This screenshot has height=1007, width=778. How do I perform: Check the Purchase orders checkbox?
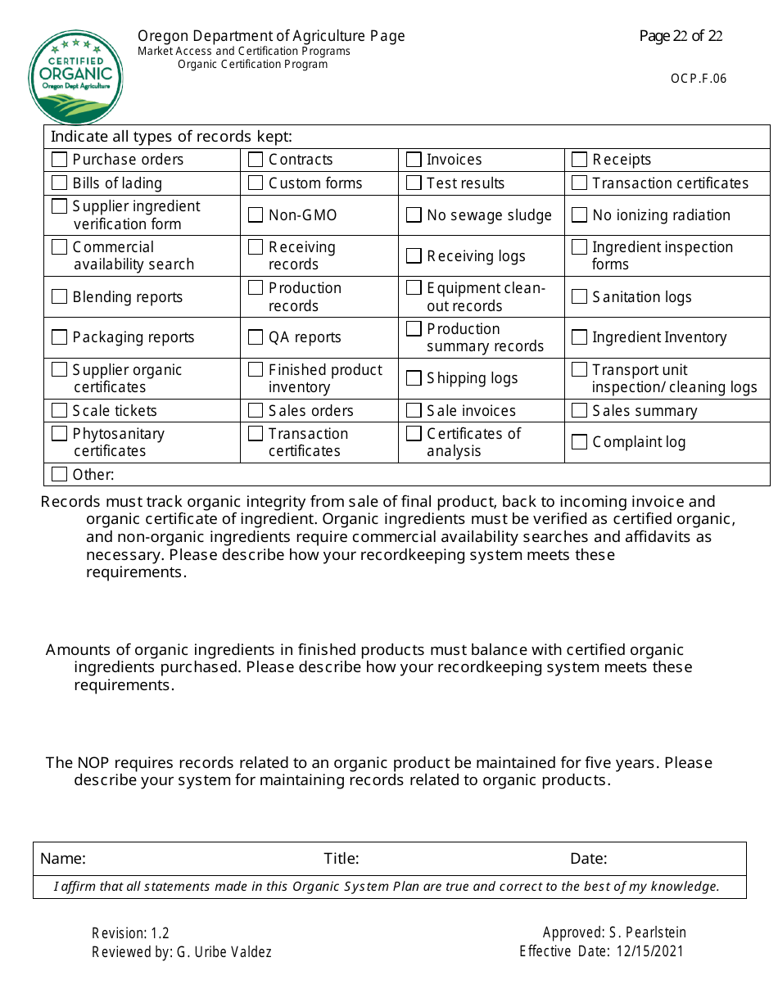pos(59,159)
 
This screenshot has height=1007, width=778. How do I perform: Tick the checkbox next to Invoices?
pos(414,159)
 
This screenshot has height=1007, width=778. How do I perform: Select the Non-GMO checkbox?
pos(256,215)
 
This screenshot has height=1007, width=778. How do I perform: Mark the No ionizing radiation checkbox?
pos(579,215)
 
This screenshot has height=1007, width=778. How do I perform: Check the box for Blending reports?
pos(59,296)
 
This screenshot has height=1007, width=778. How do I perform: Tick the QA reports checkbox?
pos(256,337)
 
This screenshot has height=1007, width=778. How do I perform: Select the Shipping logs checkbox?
pos(414,378)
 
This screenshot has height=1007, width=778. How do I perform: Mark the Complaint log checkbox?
pos(579,442)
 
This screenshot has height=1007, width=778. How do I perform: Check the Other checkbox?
pos(59,474)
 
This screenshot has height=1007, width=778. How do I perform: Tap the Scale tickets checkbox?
pos(59,410)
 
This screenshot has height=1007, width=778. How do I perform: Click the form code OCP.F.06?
pos(698,79)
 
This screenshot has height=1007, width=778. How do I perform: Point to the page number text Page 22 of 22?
pos(681,36)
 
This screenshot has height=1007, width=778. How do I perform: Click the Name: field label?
pos(63,859)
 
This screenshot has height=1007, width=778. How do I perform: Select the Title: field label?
pos(341,859)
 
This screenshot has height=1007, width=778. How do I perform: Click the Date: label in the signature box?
pos(588,859)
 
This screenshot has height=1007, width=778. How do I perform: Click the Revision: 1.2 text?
pos(130,933)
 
